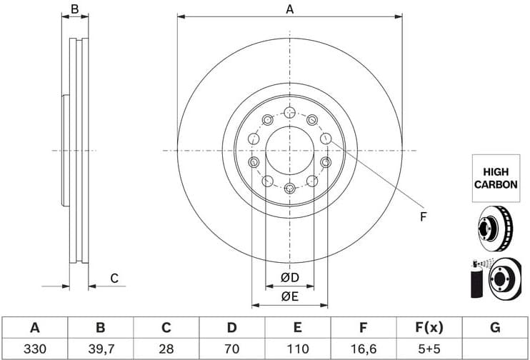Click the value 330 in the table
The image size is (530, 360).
tap(34, 349)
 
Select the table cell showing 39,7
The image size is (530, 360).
tap(100, 349)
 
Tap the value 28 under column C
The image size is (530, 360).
tap(166, 349)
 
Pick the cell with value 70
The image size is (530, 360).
tap(231, 349)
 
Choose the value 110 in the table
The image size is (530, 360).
tap(297, 349)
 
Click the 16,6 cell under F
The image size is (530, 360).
tap(363, 349)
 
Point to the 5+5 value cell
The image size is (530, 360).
tap(429, 349)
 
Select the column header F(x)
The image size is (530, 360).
tap(429, 328)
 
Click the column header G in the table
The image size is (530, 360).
tap(494, 328)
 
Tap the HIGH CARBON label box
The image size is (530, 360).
tap(495, 177)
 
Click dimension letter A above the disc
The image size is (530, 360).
tap(289, 9)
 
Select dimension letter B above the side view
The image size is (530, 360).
tap(74, 9)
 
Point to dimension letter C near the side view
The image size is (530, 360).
tap(113, 279)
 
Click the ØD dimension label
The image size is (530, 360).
tap(289, 277)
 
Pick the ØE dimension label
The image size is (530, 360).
tap(289, 295)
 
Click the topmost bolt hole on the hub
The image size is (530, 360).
tap(289, 112)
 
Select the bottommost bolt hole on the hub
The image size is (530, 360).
tap(289, 189)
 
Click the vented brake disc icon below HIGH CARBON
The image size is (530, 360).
tap(495, 226)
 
